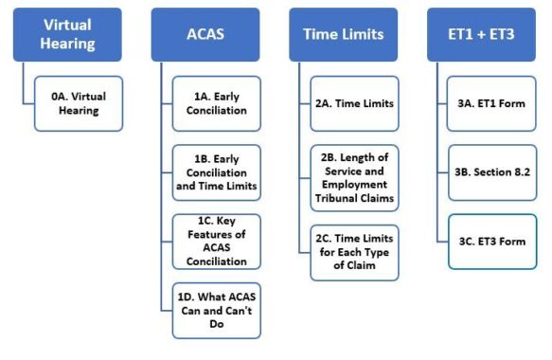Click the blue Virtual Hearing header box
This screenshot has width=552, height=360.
pos(67,35)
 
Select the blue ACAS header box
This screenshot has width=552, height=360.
pos(205,35)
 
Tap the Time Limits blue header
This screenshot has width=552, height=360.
pos(343,35)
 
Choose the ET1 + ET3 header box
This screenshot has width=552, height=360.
pos(481,35)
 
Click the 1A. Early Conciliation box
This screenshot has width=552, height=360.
pos(216,102)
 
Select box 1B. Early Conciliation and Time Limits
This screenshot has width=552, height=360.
pos(216,171)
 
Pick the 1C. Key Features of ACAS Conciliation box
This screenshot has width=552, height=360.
pos(216,240)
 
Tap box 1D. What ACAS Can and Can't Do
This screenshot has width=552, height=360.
pos(216,309)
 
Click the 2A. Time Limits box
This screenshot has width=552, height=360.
pos(353,103)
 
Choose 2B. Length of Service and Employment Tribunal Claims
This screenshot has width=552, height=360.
pos(353,177)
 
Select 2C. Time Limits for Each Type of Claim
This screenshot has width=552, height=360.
pos(353,252)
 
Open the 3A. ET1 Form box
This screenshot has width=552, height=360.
pos(491,103)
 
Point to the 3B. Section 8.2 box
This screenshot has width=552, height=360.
pos(491,171)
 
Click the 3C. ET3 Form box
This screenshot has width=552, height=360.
pos(491,241)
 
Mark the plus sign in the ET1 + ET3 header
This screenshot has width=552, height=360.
pos(480,35)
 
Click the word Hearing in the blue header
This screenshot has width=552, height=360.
pos(67,45)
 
